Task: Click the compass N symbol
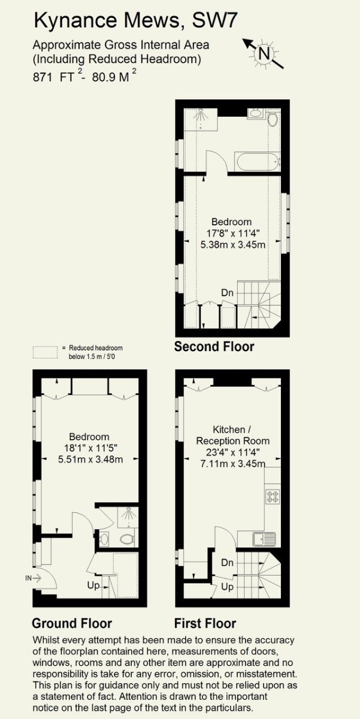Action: coord(264,53)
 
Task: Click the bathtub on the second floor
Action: coord(259,162)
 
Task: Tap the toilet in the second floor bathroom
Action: coord(273,119)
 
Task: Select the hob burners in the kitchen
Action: coord(273,496)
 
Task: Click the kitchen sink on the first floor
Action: coord(264,539)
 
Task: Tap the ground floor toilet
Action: coord(128,539)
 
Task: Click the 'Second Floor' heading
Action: coord(214,347)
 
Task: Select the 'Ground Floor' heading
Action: coord(72,623)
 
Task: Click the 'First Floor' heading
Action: coord(205,623)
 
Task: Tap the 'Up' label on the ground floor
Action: coord(93,585)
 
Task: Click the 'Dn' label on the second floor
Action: coord(227,293)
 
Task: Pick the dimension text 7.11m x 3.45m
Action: coord(233,464)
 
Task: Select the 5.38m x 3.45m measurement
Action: coord(233,244)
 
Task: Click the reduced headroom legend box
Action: coord(45,352)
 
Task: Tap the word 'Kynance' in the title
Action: coord(75,21)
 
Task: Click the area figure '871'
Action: coord(43,77)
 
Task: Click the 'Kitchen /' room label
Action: coord(229,430)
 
